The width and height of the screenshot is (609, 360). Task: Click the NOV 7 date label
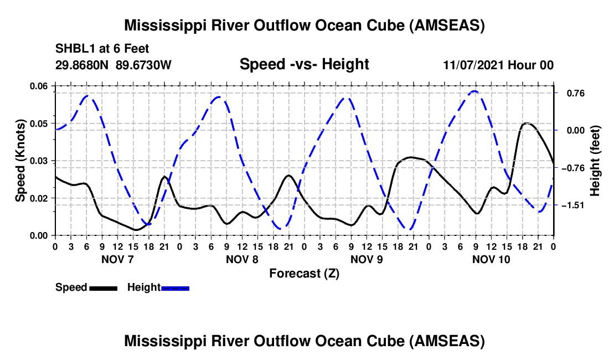click(117, 259)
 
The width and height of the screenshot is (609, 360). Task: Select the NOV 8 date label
click(241, 259)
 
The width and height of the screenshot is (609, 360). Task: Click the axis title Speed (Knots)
click(20, 161)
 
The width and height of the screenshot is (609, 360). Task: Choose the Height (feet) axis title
click(595, 161)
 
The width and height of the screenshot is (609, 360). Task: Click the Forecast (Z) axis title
click(304, 273)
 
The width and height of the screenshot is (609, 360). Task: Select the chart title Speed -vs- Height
click(304, 64)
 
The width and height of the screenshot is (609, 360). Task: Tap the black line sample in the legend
click(102, 288)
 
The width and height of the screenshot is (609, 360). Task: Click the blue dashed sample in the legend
click(176, 288)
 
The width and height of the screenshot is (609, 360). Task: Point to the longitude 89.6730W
click(144, 65)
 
